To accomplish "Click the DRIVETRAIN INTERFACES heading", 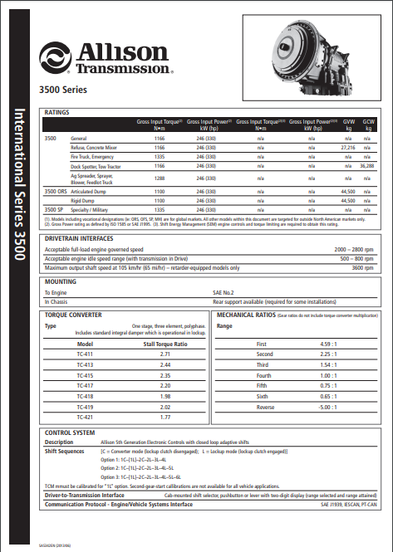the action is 83,216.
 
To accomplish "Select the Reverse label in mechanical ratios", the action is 263,408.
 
